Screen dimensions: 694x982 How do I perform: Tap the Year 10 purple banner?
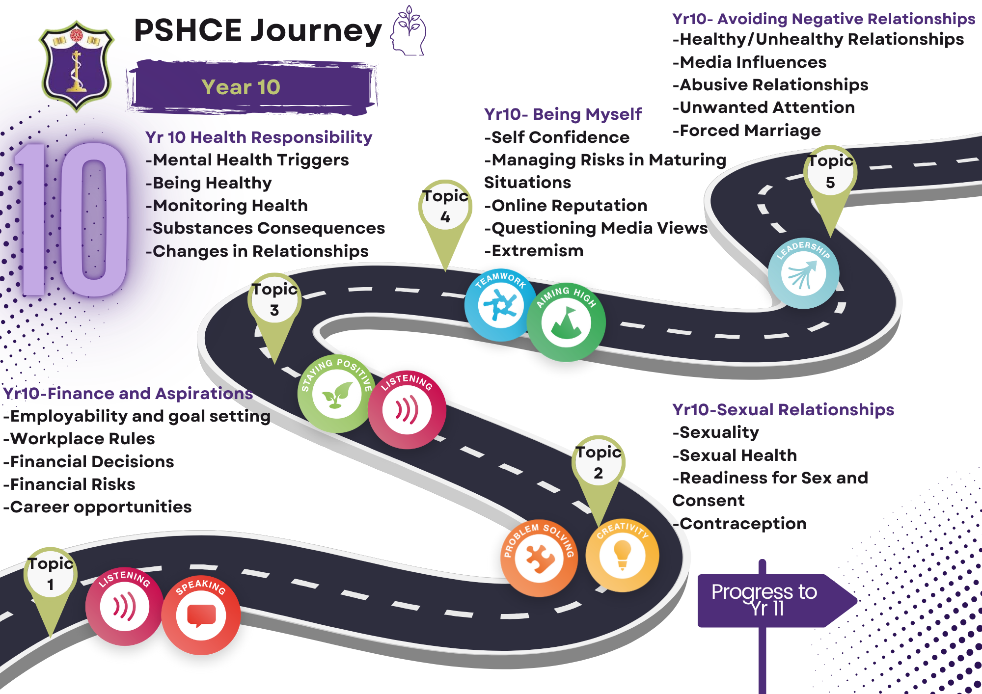pos(250,87)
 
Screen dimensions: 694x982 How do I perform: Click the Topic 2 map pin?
pos(598,466)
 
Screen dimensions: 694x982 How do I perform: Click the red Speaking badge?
pos(201,614)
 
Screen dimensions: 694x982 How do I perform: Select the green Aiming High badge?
pos(566,322)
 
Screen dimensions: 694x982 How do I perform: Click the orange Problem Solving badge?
pos(539,558)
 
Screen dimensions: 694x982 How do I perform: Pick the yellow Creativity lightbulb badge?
pos(622,555)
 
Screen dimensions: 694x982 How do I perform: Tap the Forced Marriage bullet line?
pos(746,131)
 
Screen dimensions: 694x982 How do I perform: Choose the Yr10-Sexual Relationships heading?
pos(783,409)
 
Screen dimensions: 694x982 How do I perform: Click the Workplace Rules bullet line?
pos(80,439)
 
